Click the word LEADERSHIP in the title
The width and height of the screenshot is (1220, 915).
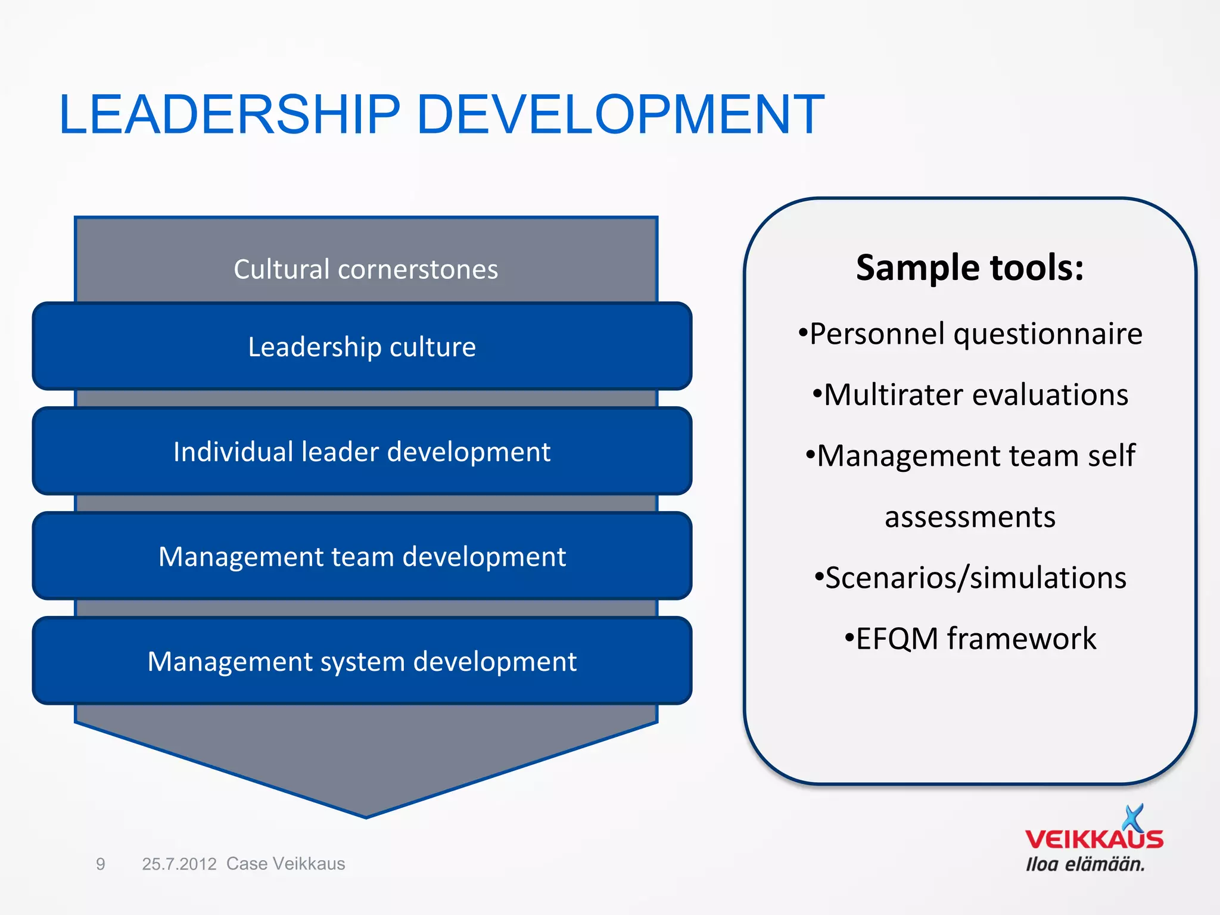229,114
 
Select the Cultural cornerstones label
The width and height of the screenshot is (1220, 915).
366,269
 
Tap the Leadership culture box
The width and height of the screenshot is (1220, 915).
362,347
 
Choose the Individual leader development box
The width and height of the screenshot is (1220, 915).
362,452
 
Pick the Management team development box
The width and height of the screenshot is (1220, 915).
362,556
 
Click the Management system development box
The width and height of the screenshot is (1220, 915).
362,661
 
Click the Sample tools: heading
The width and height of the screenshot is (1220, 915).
970,267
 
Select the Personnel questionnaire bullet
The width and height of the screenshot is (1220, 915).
970,334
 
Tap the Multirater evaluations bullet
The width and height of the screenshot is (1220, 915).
970,395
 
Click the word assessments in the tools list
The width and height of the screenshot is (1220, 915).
970,517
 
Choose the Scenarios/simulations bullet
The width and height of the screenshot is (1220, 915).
970,578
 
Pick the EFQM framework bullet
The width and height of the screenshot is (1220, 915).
970,639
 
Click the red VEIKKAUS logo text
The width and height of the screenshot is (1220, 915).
1094,840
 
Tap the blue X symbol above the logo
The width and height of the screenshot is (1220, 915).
1133,817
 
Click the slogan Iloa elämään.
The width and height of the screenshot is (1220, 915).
1085,864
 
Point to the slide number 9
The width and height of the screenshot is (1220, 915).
101,864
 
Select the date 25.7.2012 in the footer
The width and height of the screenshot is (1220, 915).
179,864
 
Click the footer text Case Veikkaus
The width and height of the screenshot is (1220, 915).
285,864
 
